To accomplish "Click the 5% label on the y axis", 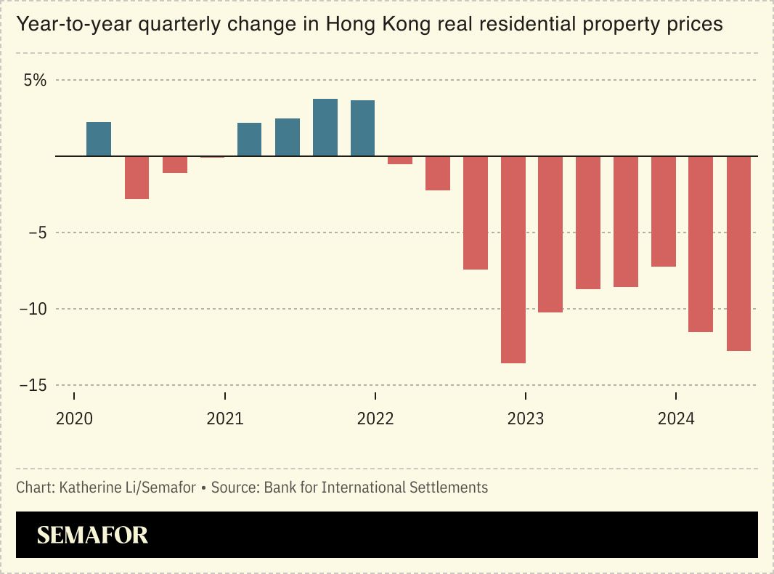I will click(x=35, y=81).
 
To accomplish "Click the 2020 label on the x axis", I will click(x=74, y=419).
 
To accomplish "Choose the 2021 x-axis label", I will click(x=225, y=419).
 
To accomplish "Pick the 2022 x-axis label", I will click(x=375, y=419).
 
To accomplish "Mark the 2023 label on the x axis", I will click(x=526, y=419).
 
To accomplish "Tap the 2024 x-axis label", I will click(x=676, y=419).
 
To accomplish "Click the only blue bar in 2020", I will click(x=99, y=140).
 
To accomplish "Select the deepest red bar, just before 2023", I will click(x=513, y=259).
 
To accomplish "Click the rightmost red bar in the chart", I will click(x=738, y=254).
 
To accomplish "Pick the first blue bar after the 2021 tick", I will click(x=250, y=140).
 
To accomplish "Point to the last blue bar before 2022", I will click(x=362, y=129).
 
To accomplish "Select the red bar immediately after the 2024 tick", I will click(x=701, y=244).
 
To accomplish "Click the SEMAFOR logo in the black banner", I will click(x=92, y=535).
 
